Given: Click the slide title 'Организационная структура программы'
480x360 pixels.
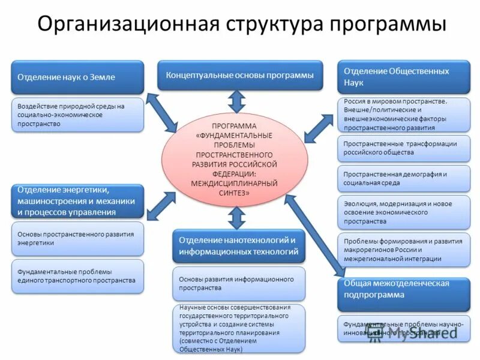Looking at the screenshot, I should (240, 25).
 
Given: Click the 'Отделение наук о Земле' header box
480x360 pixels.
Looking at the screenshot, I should (78, 77).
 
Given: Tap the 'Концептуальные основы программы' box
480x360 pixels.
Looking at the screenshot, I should (240, 76).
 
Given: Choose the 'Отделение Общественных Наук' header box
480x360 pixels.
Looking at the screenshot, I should (403, 76).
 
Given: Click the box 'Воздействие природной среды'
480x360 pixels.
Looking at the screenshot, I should (78, 115).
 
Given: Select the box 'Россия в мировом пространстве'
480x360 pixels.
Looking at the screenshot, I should (403, 115).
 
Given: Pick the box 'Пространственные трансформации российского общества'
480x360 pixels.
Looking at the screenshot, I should (403, 148).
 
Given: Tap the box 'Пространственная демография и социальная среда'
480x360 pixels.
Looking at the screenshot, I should (403, 178).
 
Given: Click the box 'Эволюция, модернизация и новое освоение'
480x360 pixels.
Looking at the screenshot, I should (403, 212).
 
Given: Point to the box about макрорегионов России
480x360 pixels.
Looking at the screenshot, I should (403, 250).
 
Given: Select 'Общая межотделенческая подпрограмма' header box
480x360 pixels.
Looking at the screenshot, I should (403, 292).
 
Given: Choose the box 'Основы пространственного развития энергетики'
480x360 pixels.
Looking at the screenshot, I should (78, 238).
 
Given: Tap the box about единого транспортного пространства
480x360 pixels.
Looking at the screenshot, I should (78, 276).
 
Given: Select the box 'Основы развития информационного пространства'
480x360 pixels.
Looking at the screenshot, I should (239, 284).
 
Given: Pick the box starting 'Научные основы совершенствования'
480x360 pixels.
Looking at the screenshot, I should (239, 328).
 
